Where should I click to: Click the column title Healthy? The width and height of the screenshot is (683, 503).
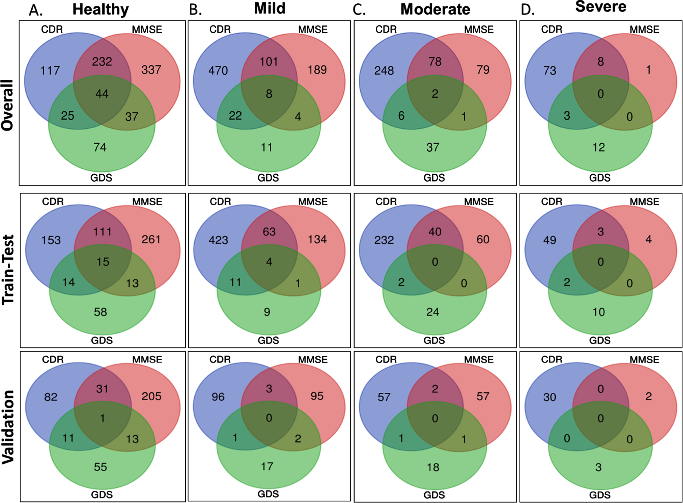pyautogui.click(x=101, y=9)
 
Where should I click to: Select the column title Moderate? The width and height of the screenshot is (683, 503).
pyautogui.click(x=435, y=9)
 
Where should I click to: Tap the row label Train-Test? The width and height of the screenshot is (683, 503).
pyautogui.click(x=8, y=270)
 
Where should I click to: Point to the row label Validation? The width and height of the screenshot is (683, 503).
pyautogui.click(x=8, y=427)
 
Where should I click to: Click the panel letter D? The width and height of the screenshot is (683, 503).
pyautogui.click(x=527, y=10)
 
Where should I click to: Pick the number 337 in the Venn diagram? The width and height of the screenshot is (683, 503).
pyautogui.click(x=151, y=70)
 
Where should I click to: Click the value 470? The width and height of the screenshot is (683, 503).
pyautogui.click(x=218, y=71)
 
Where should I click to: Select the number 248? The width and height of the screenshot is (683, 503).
pyautogui.click(x=384, y=71)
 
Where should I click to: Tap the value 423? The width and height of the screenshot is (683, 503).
pyautogui.click(x=218, y=240)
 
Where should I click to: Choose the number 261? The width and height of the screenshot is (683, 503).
pyautogui.click(x=151, y=239)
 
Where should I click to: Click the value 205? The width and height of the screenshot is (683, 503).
pyautogui.click(x=151, y=396)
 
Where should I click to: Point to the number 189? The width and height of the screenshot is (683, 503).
pyautogui.click(x=317, y=70)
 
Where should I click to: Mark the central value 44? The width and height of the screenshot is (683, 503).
pyautogui.click(x=102, y=94)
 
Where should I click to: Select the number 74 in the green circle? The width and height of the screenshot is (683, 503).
pyautogui.click(x=100, y=147)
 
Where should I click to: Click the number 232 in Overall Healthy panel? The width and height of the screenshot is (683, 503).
pyautogui.click(x=102, y=62)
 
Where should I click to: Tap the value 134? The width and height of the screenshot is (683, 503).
pyautogui.click(x=317, y=239)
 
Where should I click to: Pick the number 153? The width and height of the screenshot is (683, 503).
pyautogui.click(x=51, y=240)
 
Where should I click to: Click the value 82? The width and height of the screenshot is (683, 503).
pyautogui.click(x=50, y=397)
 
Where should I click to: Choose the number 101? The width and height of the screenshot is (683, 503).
pyautogui.click(x=269, y=62)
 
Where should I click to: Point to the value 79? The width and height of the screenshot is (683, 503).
pyautogui.click(x=483, y=70)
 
